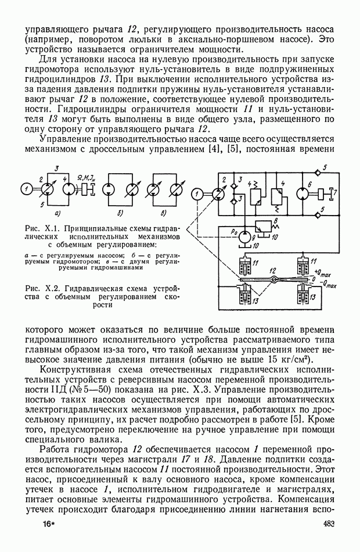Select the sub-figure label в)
coord(163,213)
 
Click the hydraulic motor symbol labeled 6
coord(304,193)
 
